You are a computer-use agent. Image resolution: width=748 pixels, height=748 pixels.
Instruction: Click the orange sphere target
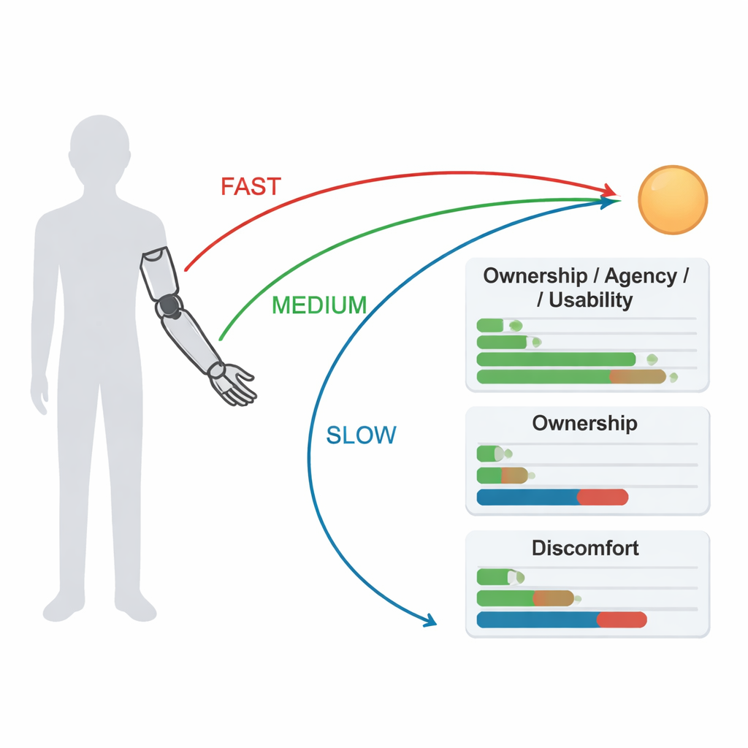(673, 199)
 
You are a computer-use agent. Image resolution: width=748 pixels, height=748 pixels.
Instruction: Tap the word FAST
(251, 186)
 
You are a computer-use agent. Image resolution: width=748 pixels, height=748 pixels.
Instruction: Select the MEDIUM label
(319, 305)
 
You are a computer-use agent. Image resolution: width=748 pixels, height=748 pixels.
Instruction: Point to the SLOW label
(361, 435)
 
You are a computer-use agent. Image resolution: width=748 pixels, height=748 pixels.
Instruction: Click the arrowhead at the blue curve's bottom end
(429, 621)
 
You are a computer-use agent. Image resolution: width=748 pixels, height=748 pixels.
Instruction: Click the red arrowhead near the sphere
(610, 191)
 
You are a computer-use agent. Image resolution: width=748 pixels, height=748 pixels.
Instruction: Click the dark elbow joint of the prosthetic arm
(169, 305)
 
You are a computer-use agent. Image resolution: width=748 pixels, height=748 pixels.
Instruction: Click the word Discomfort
(585, 548)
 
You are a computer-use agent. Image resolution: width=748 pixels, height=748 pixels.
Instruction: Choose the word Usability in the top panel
(590, 299)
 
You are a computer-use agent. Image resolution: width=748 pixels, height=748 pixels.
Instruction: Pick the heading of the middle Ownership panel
(584, 423)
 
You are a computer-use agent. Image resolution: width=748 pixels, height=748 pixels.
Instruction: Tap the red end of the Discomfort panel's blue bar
(622, 619)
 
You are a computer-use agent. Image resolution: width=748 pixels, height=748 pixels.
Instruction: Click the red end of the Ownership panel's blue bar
(603, 497)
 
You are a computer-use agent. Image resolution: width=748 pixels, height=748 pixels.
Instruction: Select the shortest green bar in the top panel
(489, 325)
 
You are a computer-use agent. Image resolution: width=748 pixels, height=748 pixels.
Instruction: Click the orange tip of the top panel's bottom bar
(638, 376)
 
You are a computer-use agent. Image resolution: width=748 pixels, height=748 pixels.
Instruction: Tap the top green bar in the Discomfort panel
(496, 577)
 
